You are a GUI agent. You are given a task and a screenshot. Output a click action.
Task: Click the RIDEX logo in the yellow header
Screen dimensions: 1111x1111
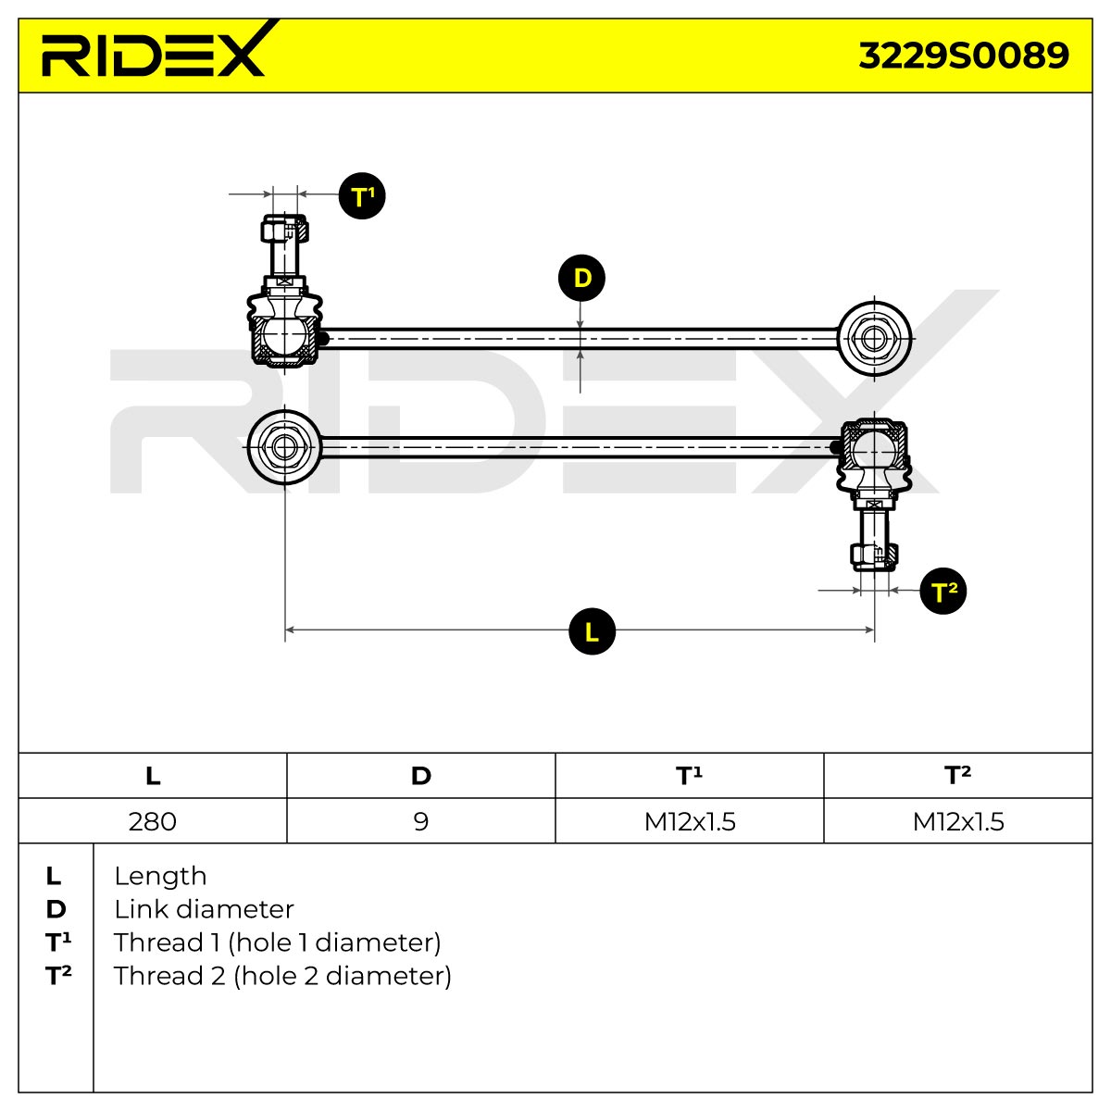[x=156, y=50]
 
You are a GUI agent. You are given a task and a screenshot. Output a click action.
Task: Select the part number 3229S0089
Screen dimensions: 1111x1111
[x=963, y=56]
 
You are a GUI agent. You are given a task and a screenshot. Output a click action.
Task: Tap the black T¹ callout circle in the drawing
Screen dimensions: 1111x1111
[x=361, y=196]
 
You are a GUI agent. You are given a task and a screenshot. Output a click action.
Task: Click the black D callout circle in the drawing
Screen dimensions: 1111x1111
[x=581, y=278]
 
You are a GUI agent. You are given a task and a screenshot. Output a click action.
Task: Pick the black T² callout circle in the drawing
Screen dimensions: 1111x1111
[x=942, y=591]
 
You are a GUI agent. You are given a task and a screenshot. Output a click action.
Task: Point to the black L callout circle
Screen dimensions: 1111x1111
[x=592, y=631]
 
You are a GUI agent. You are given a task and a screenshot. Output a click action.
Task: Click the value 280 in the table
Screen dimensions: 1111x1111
[x=152, y=821]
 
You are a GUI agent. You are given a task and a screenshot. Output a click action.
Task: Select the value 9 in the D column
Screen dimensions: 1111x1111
[x=421, y=821]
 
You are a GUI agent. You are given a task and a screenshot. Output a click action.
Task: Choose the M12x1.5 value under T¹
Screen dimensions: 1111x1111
[x=690, y=821]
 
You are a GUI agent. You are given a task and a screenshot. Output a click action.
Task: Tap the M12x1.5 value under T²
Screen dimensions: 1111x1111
[x=957, y=821]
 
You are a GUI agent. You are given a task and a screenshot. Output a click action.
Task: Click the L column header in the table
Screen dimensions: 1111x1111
[x=153, y=776]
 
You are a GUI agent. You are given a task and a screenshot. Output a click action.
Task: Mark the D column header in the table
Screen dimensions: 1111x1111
[x=421, y=776]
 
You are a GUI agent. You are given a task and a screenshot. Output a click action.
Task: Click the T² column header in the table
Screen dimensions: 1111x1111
[x=957, y=775]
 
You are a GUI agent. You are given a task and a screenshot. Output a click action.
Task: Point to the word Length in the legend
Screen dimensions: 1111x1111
[x=160, y=877]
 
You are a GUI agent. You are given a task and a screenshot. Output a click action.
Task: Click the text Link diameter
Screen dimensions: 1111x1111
[x=204, y=910]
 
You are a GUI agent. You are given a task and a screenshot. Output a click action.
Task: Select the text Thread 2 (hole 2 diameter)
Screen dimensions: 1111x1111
[x=282, y=976]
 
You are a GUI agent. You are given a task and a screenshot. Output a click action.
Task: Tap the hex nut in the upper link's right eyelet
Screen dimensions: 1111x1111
[x=874, y=339]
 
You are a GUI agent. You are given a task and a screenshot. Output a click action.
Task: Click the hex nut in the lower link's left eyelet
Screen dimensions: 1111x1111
[x=284, y=447]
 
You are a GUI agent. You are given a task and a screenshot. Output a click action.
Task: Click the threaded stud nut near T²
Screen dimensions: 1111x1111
[x=874, y=555]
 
